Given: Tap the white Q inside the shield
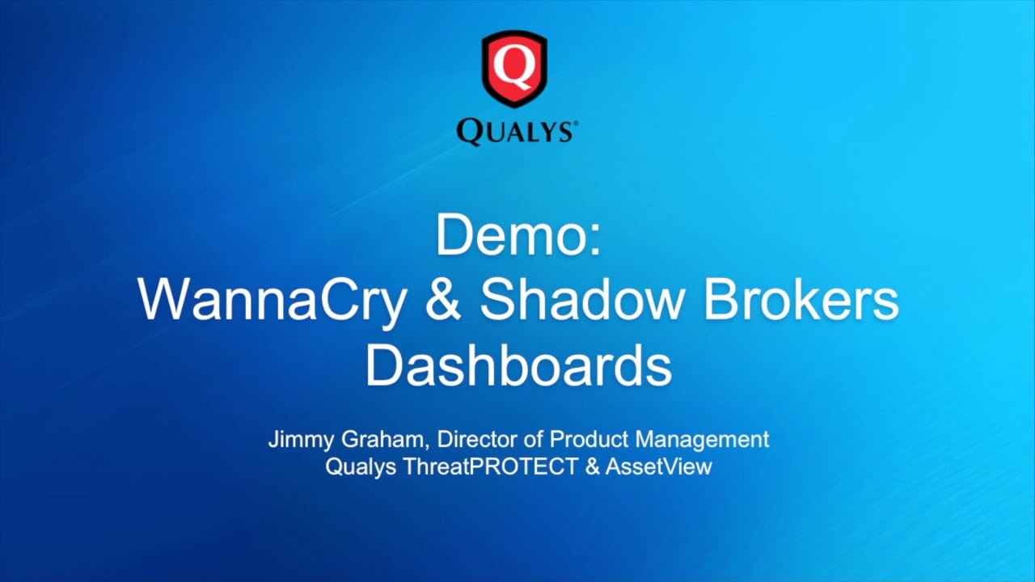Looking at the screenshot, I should [515, 66].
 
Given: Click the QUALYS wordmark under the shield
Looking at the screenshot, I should [515, 131].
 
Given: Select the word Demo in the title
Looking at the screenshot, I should [509, 237].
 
